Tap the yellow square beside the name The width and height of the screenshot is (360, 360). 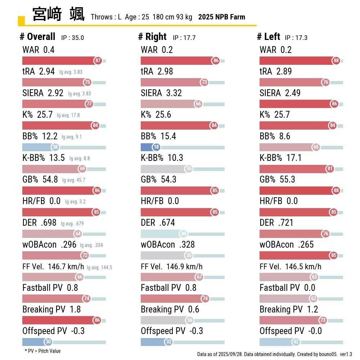pyautogui.click(x=21, y=21)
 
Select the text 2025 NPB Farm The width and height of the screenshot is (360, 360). pyautogui.click(x=221, y=17)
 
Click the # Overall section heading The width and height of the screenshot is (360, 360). pyautogui.click(x=37, y=37)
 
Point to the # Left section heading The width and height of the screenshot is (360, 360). pyautogui.click(x=268, y=37)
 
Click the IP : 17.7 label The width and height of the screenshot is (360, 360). pyautogui.click(x=184, y=38)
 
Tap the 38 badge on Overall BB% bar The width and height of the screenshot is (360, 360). pyautogui.click(x=55, y=147)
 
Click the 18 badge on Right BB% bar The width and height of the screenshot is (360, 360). pyautogui.click(x=156, y=147)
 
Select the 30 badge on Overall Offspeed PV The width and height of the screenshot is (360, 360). pyautogui.click(x=48, y=342)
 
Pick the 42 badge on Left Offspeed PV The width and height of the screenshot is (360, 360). pyautogui.click(x=296, y=342)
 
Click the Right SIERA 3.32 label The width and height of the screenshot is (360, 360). pyautogui.click(x=161, y=93)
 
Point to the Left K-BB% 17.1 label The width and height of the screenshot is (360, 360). pyautogui.click(x=280, y=158)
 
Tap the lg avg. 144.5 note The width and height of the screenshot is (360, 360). pyautogui.click(x=99, y=267)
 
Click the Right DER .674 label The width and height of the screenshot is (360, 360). pyautogui.click(x=158, y=223)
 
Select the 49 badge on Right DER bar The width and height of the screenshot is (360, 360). pyautogui.click(x=183, y=234)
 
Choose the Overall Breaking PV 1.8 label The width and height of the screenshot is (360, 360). pyautogui.click(x=51, y=310)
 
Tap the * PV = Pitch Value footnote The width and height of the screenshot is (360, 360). pyautogui.click(x=42, y=351)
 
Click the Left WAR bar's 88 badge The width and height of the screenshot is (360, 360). pyautogui.click(x=336, y=61)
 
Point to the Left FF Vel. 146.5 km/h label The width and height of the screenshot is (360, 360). pyautogui.click(x=290, y=267)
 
